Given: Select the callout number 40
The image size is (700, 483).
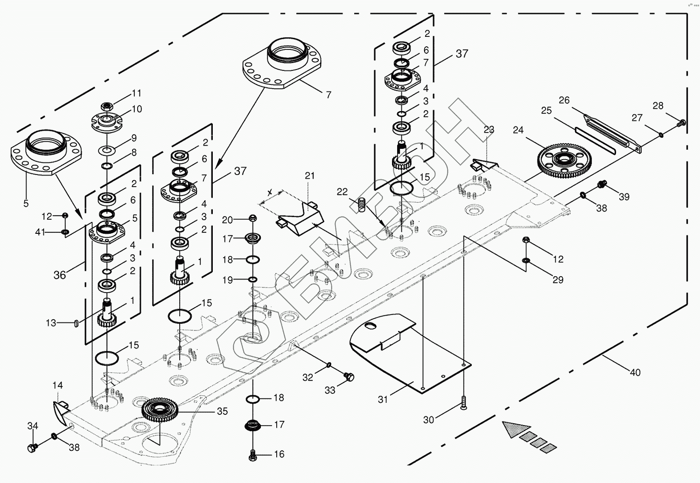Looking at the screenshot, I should pos(635,372).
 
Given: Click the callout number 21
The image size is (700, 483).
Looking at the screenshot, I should pos(310,176).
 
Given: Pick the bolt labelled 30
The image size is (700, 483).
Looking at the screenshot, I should pos(463,403).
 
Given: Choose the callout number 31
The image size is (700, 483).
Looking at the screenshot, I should pos(383,399).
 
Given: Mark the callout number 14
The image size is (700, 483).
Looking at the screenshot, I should pos(57,385).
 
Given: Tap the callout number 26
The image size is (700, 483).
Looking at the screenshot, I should pos(564,100).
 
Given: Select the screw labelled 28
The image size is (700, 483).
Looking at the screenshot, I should pos(681,123).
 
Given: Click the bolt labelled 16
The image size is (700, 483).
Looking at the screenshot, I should pos(253,453).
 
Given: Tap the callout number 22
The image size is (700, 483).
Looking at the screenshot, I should pos(343,192).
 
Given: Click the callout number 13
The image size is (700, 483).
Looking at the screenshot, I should pos(51,323).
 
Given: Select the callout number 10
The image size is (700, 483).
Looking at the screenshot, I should pos(137,109).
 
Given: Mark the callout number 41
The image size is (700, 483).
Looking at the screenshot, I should pos(40,232).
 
